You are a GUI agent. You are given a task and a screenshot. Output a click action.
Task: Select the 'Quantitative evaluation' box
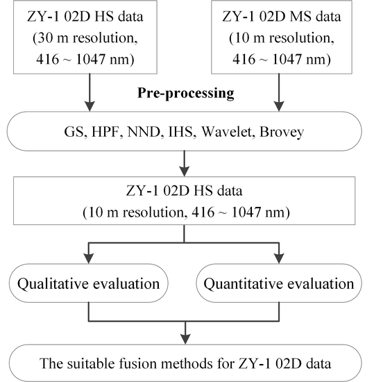click(278, 283)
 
